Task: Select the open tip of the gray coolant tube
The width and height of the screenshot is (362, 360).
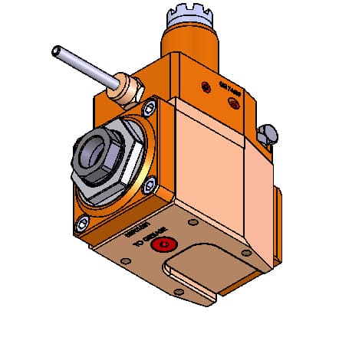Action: (55, 51)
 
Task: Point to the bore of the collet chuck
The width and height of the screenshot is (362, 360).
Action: (95, 150)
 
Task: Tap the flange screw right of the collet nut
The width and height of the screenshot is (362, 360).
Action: (150, 182)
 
